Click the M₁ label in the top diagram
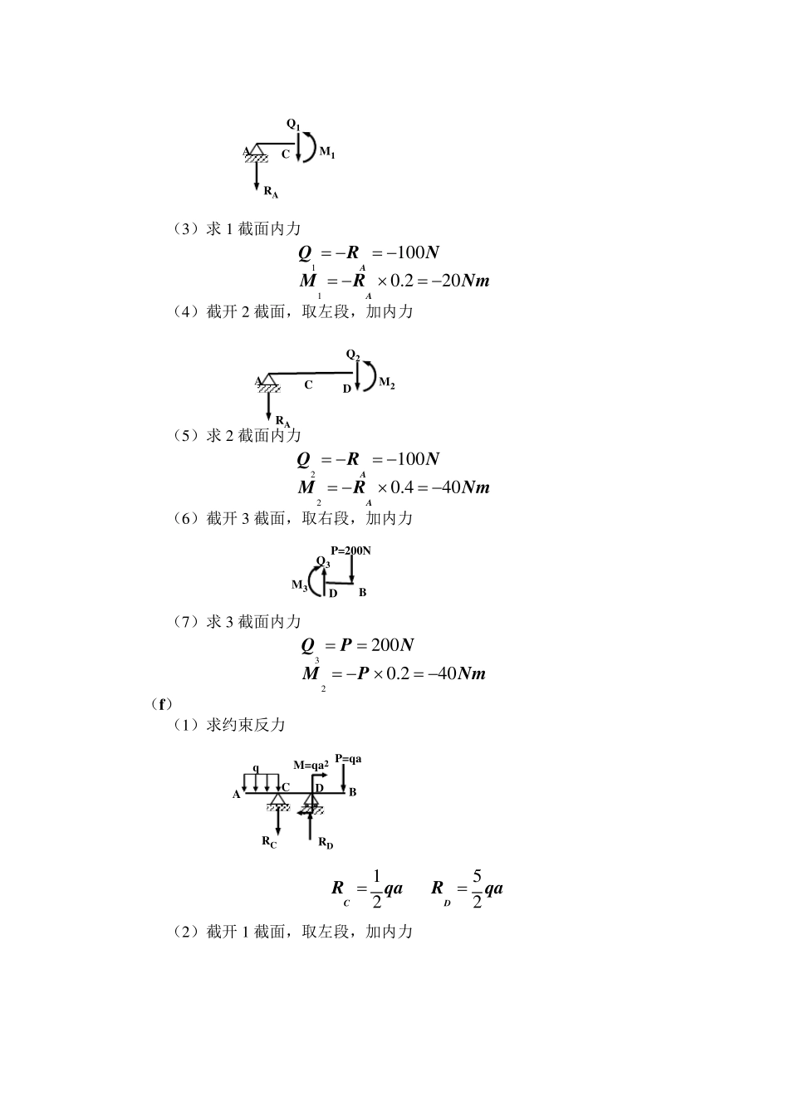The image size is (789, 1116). pyautogui.click(x=327, y=153)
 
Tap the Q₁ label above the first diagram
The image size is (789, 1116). pyautogui.click(x=294, y=125)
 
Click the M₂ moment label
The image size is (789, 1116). pyautogui.click(x=387, y=383)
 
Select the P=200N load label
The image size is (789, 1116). pyautogui.click(x=350, y=551)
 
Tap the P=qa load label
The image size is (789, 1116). pyautogui.click(x=348, y=759)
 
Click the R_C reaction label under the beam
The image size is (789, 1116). pyautogui.click(x=269, y=842)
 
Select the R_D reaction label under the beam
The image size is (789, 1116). pyautogui.click(x=326, y=843)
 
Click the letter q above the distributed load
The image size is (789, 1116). pyautogui.click(x=255, y=768)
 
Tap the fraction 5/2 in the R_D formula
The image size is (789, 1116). pyautogui.click(x=477, y=888)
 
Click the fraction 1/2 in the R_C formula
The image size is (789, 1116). pyautogui.click(x=376, y=888)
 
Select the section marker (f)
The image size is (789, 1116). pyautogui.click(x=161, y=704)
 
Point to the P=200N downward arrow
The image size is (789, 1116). pyautogui.click(x=352, y=570)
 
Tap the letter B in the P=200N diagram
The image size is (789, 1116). pyautogui.click(x=362, y=593)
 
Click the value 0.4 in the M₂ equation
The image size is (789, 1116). pyautogui.click(x=402, y=487)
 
